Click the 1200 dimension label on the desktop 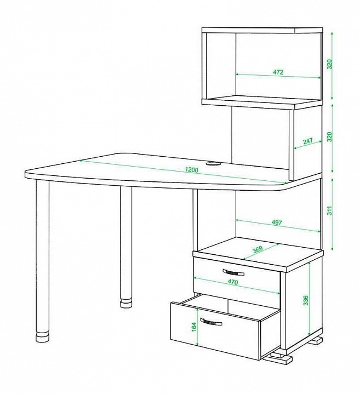(192, 170)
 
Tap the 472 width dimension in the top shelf (278, 72)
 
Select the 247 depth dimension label (307, 141)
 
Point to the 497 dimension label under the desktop (277, 222)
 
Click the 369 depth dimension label (257, 250)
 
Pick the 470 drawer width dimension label (233, 282)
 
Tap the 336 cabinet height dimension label (306, 300)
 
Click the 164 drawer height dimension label (193, 327)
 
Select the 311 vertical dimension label (330, 210)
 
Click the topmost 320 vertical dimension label (330, 64)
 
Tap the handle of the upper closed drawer (233, 272)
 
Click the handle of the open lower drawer (211, 322)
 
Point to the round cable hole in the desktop (213, 164)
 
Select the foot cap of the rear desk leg (126, 303)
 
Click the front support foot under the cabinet (278, 358)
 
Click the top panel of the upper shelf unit (262, 30)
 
